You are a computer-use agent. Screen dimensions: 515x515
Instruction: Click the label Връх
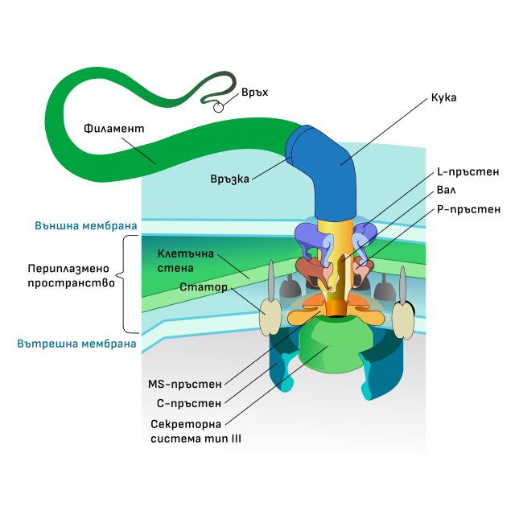click(254, 93)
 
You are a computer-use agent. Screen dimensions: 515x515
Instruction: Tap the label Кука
click(444, 97)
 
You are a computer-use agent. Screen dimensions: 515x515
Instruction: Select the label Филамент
click(113, 128)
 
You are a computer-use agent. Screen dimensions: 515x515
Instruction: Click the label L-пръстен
click(468, 172)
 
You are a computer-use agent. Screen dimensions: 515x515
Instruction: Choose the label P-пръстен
click(468, 209)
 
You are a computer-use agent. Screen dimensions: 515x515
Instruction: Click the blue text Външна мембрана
click(85, 226)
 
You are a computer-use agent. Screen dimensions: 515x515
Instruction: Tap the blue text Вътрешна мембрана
click(76, 343)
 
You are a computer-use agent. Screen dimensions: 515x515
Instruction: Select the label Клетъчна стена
click(183, 261)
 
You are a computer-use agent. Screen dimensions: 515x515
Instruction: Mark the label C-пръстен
click(187, 403)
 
